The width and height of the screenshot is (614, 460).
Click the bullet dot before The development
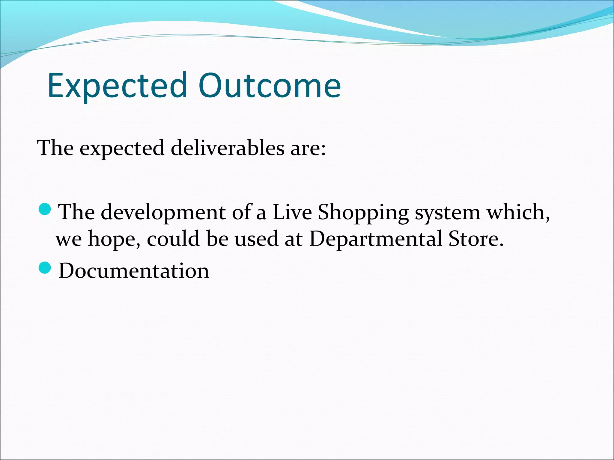(x=45, y=209)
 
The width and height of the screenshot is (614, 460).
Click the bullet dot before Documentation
(x=45, y=267)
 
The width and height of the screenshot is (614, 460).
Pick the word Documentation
(x=134, y=271)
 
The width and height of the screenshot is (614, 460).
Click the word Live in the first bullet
(x=292, y=212)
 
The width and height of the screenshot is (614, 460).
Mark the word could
(x=173, y=239)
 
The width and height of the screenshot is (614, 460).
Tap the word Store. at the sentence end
(x=476, y=239)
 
